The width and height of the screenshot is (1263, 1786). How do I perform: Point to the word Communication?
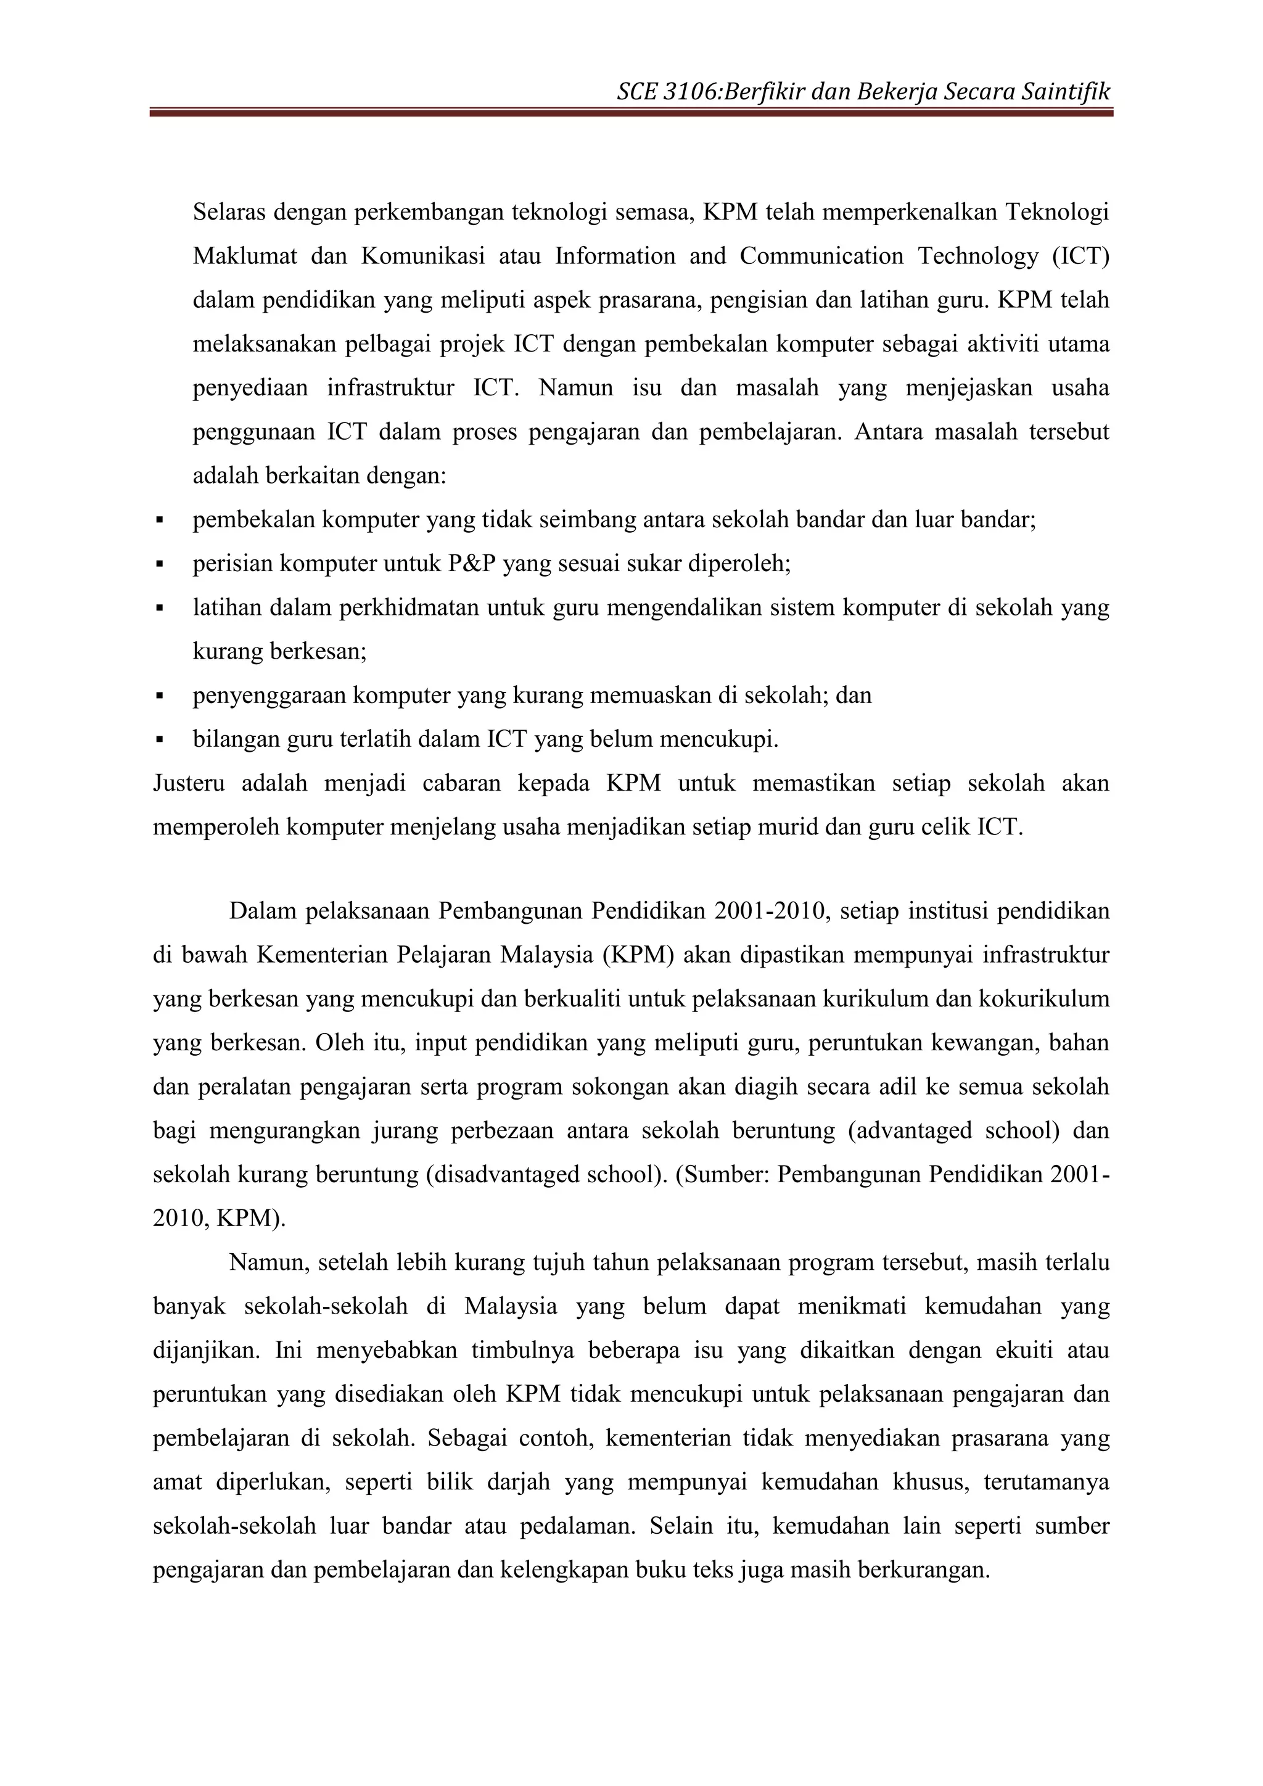pyautogui.click(x=821, y=256)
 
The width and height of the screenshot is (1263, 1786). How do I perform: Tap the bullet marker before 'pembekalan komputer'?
pyautogui.click(x=160, y=520)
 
